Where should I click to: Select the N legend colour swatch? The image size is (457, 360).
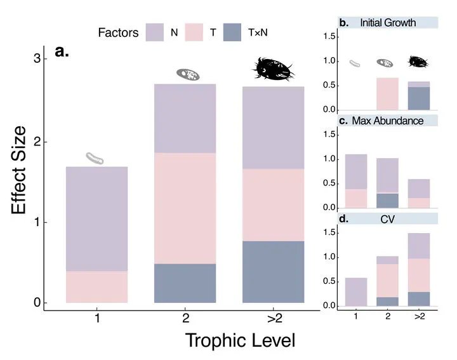156,32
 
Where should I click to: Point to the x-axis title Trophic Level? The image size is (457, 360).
240,340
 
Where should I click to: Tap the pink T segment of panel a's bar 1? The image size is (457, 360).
97,286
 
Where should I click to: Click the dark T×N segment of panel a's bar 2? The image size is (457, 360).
185,283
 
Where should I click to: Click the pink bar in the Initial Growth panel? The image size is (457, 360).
387,93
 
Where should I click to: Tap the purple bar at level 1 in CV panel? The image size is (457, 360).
356,291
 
